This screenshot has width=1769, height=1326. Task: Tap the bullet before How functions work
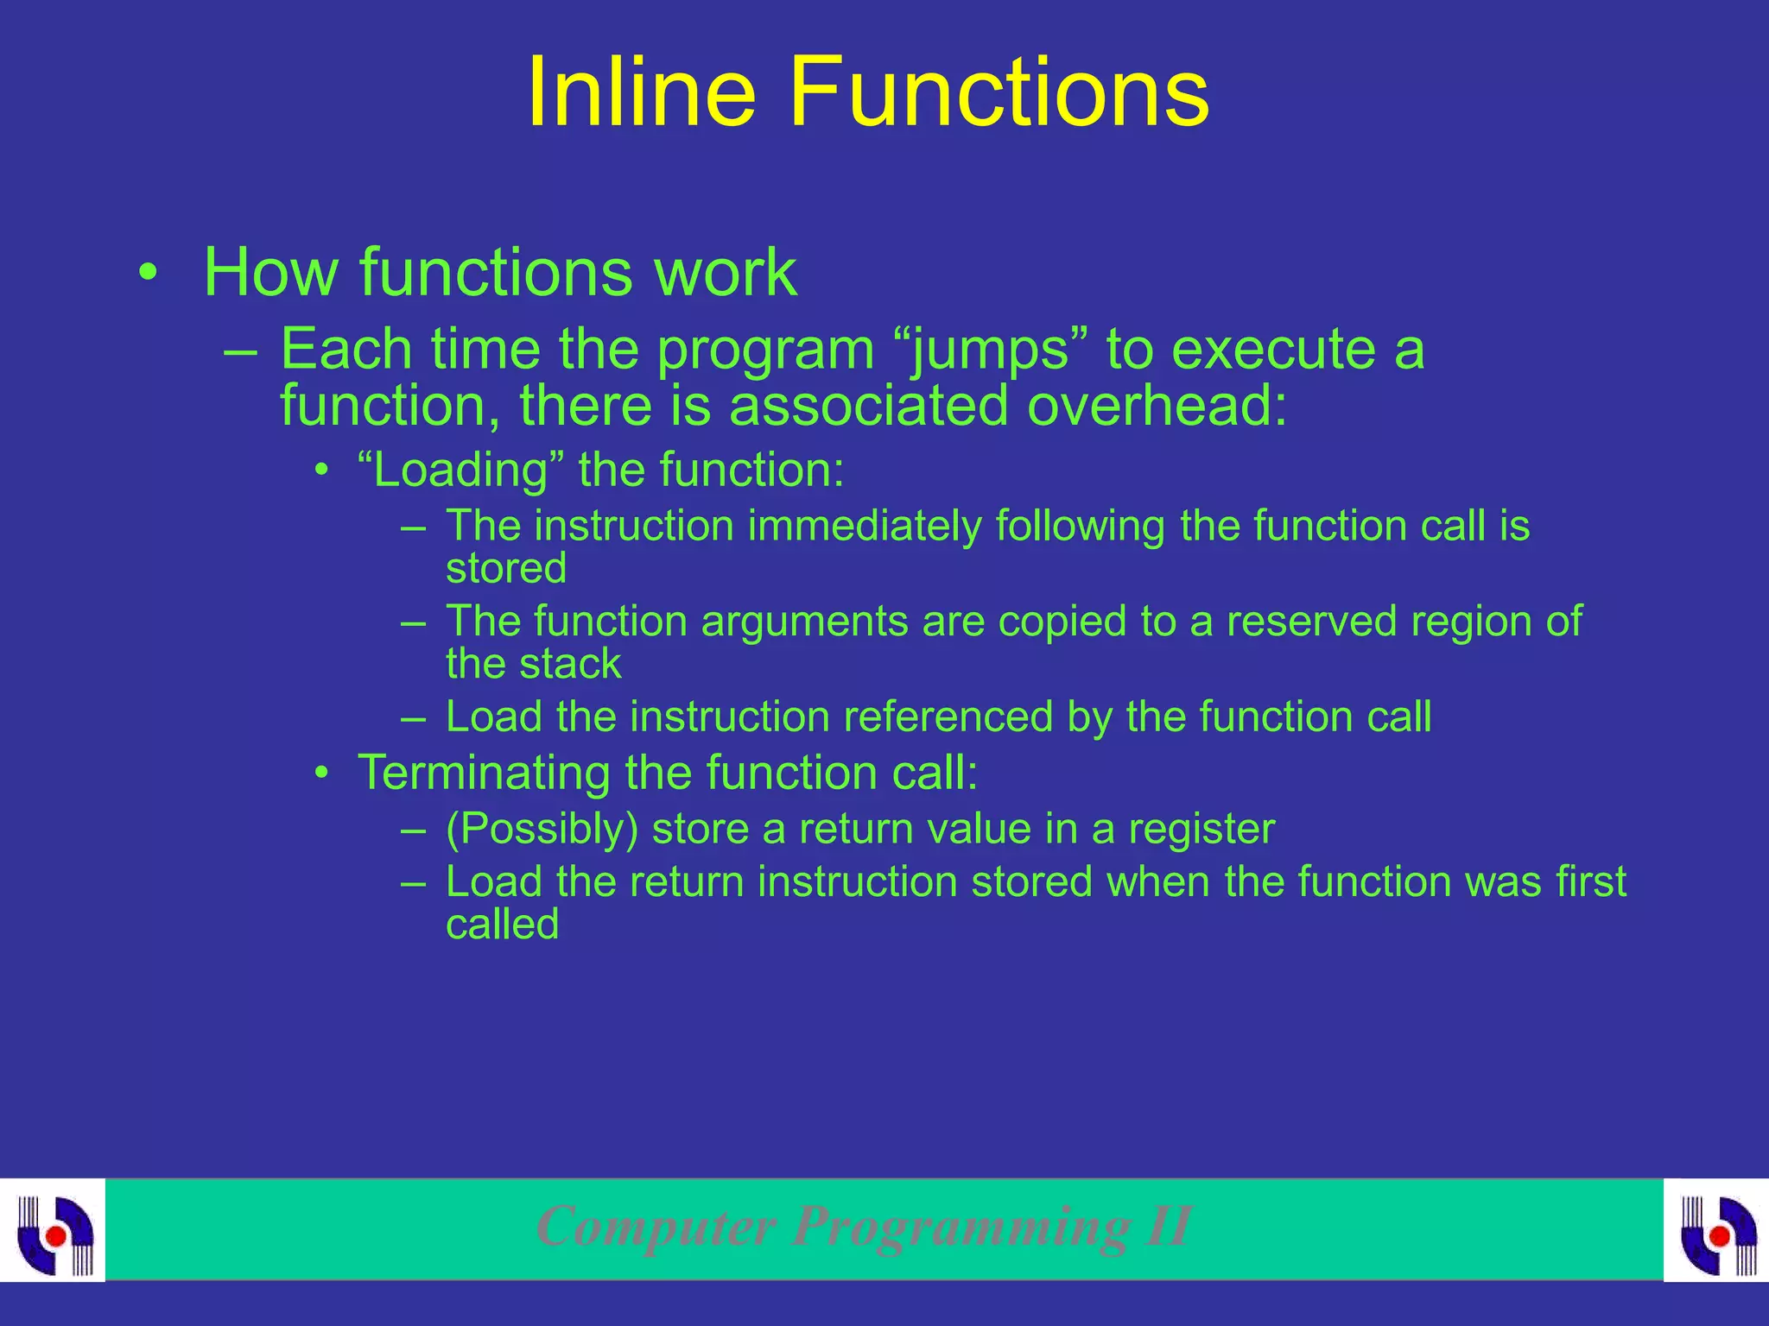point(149,275)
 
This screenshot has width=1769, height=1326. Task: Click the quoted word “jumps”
point(991,350)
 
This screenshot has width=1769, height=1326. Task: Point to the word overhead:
point(1157,405)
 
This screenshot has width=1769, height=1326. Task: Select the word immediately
point(864,527)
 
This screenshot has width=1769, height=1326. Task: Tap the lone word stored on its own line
point(506,568)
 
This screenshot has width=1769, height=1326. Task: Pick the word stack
point(571,664)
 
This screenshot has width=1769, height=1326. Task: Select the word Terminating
point(484,772)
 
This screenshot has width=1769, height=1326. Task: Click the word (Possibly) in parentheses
point(542,829)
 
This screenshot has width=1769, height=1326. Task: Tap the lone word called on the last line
point(502,925)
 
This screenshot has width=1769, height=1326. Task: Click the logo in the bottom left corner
point(54,1232)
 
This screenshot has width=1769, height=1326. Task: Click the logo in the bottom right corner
point(1717,1232)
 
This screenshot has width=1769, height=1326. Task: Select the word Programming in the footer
point(960,1227)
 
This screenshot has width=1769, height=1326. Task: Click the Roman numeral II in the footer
point(1168,1225)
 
